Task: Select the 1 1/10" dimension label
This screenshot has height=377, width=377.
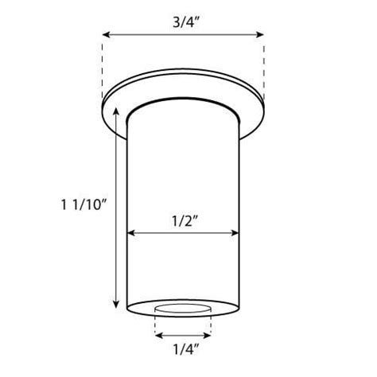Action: tap(84, 204)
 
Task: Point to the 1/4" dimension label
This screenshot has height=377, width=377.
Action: tap(183, 348)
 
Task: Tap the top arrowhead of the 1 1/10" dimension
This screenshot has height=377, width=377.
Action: tap(117, 114)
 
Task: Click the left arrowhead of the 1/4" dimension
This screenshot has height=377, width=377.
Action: tap(157, 335)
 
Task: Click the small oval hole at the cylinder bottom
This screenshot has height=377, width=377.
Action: tap(183, 307)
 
